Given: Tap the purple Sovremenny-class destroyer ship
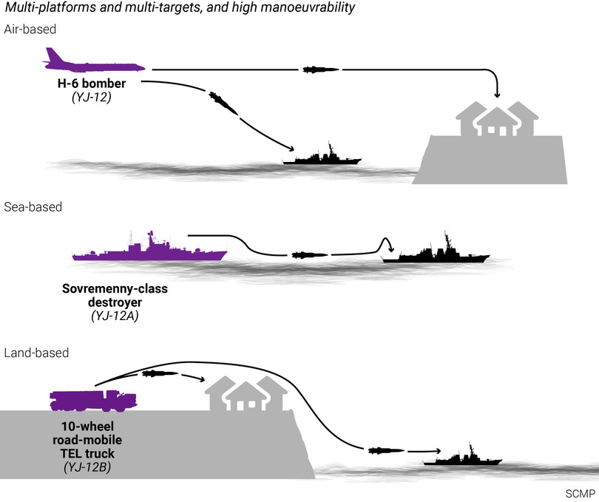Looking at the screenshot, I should [x=148, y=250].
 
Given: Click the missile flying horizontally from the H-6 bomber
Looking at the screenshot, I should [x=321, y=70].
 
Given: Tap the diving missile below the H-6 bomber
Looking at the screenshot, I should [x=223, y=102].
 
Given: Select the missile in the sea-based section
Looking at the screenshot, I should [x=310, y=255].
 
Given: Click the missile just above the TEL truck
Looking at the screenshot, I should [x=160, y=373].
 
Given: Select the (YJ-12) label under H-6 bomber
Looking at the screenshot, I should [x=92, y=97].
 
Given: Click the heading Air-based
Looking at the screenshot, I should [x=30, y=29].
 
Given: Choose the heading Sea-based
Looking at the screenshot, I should [x=32, y=207].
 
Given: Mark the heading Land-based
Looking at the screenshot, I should [x=35, y=353].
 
